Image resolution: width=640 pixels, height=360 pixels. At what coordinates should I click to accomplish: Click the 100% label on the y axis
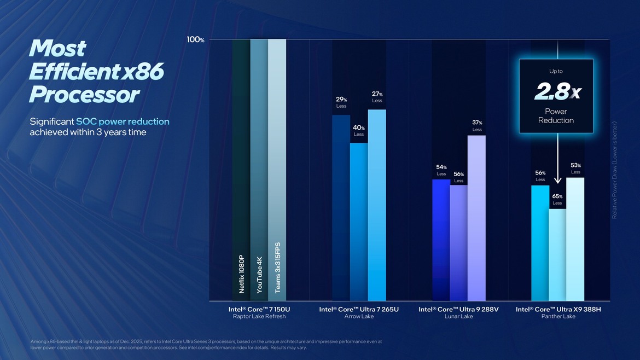195,39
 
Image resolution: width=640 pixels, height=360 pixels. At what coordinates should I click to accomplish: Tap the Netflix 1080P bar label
241,274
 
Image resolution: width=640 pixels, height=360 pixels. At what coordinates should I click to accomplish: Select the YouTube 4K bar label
259,274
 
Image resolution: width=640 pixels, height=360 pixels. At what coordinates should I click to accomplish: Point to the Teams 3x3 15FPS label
277,268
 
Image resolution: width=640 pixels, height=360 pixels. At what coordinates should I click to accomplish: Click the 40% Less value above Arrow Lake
359,131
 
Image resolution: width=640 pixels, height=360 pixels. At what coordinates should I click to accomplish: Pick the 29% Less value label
341,102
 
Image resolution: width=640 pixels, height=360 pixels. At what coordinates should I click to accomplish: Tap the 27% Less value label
377,97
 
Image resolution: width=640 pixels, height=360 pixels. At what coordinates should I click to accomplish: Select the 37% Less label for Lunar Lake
477,126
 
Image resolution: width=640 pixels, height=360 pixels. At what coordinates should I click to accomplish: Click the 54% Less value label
441,170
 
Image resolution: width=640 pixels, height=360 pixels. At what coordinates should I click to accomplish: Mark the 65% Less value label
557,199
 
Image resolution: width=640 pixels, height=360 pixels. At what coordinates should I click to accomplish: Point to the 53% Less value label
575,168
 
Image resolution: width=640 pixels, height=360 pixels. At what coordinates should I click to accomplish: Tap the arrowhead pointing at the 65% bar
557,180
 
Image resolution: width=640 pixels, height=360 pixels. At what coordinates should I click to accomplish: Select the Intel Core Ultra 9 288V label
459,309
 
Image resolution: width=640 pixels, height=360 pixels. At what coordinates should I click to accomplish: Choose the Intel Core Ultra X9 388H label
558,309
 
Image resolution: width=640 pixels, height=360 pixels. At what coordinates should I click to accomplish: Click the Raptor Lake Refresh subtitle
259,317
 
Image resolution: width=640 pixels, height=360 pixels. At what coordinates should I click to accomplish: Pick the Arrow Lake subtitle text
359,317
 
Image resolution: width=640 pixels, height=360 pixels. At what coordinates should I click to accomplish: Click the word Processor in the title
84,95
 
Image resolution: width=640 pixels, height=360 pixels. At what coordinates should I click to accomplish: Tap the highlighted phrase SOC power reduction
123,121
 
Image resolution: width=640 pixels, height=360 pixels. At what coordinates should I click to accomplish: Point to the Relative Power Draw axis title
614,170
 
